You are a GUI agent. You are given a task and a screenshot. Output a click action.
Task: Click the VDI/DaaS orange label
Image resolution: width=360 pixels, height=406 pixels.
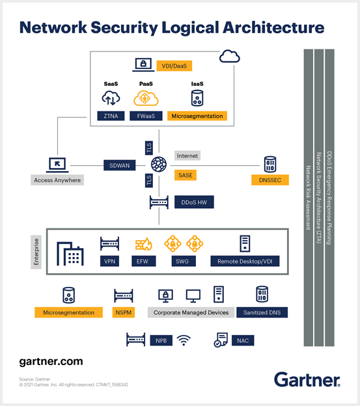tap(174, 66)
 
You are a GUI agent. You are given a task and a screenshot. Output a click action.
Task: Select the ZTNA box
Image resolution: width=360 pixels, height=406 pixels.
tap(111, 116)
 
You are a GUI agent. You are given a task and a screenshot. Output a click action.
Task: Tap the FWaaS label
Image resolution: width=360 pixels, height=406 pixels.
tap(146, 116)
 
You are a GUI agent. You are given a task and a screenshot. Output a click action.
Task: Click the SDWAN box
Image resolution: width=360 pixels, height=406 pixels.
tap(119, 165)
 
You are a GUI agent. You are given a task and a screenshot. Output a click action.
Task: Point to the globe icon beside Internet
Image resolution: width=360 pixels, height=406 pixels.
tap(159, 165)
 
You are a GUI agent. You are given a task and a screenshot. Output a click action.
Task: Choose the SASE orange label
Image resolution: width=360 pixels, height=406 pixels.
tap(186, 175)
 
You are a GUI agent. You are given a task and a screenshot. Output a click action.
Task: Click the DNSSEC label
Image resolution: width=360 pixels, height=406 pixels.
tap(270, 180)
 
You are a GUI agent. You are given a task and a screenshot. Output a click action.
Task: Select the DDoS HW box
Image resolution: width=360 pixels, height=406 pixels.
tap(194, 202)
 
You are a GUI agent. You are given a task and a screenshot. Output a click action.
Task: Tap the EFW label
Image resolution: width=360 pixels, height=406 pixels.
tap(143, 261)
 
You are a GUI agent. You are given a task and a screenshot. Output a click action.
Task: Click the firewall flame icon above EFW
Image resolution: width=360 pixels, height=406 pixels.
tap(144, 244)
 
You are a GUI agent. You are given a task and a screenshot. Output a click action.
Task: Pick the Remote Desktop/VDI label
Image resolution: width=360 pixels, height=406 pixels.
tap(245, 261)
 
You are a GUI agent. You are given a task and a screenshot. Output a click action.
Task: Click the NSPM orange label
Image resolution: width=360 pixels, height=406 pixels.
tap(124, 312)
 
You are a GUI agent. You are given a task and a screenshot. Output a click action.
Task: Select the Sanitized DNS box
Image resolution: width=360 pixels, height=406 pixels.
tap(262, 312)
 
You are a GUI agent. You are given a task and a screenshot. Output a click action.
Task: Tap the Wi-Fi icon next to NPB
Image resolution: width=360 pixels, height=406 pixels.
tap(184, 340)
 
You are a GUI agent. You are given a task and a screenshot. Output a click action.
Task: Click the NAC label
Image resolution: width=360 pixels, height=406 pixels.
tap(243, 340)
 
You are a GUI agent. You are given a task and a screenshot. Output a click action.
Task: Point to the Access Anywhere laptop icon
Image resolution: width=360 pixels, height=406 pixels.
tap(57, 165)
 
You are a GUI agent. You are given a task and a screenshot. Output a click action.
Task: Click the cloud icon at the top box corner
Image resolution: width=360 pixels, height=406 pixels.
tap(229, 56)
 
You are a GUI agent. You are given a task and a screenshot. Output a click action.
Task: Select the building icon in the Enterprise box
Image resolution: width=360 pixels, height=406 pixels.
tap(70, 254)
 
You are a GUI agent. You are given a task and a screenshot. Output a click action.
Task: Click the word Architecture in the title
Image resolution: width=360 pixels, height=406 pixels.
tap(273, 27)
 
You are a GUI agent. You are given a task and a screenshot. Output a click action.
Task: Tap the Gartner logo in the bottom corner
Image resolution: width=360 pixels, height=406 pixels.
tap(307, 379)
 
